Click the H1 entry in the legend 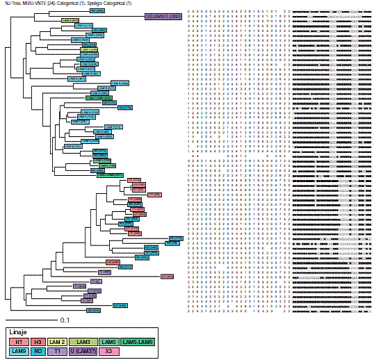(21, 342)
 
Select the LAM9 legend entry (21, 352)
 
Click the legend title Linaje (17, 332)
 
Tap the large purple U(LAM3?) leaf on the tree (164, 15)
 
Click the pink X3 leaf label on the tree (167, 277)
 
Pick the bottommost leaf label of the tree (93, 310)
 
